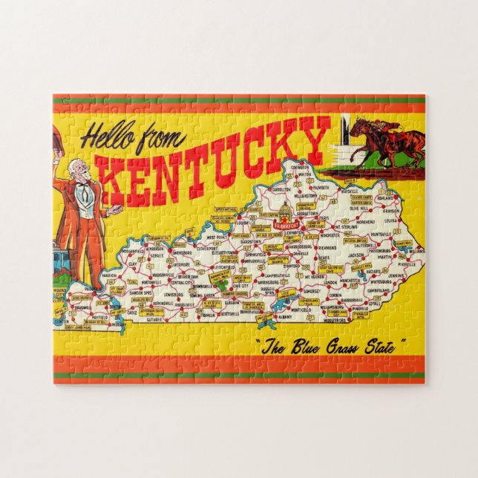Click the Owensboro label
(181, 251)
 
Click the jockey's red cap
(384, 124)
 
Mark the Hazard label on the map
(373, 273)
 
